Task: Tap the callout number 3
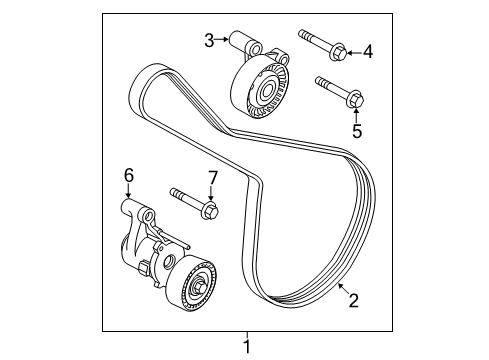pyautogui.click(x=209, y=40)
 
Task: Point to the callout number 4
pyautogui.click(x=366, y=50)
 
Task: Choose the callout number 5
pyautogui.click(x=355, y=129)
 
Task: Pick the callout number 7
pyautogui.click(x=211, y=178)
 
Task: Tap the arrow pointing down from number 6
pyautogui.click(x=128, y=193)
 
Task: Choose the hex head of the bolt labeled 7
pyautogui.click(x=211, y=210)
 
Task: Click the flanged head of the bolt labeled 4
pyautogui.click(x=337, y=48)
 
